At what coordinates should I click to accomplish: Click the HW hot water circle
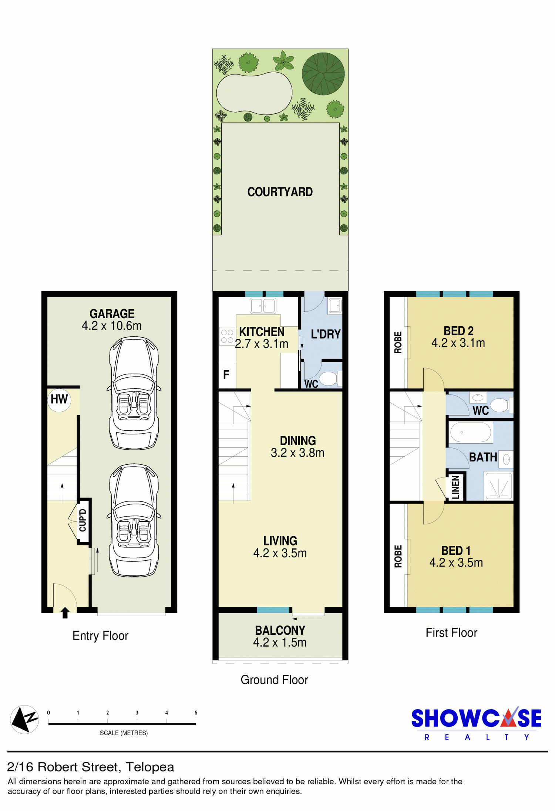(59, 400)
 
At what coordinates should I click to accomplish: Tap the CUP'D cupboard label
(83, 520)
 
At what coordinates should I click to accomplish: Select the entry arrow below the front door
(65, 613)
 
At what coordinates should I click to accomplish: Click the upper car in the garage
(134, 393)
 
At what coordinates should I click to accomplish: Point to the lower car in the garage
(134, 520)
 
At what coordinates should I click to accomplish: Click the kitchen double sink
(263, 306)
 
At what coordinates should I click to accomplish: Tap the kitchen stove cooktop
(227, 336)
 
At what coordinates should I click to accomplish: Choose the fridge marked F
(226, 375)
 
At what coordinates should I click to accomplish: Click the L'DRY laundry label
(326, 334)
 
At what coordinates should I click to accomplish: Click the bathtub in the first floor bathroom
(471, 432)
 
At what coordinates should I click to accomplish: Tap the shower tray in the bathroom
(498, 485)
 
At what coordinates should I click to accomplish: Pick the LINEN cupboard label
(456, 487)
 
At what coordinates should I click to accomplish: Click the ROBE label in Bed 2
(398, 342)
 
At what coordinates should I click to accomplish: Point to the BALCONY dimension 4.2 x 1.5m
(280, 643)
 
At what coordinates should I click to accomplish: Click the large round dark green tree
(323, 74)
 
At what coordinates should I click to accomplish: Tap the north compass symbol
(24, 719)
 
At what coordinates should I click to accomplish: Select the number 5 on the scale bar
(196, 712)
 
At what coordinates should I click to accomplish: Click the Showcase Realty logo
(476, 724)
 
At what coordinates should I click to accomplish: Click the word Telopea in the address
(150, 767)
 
